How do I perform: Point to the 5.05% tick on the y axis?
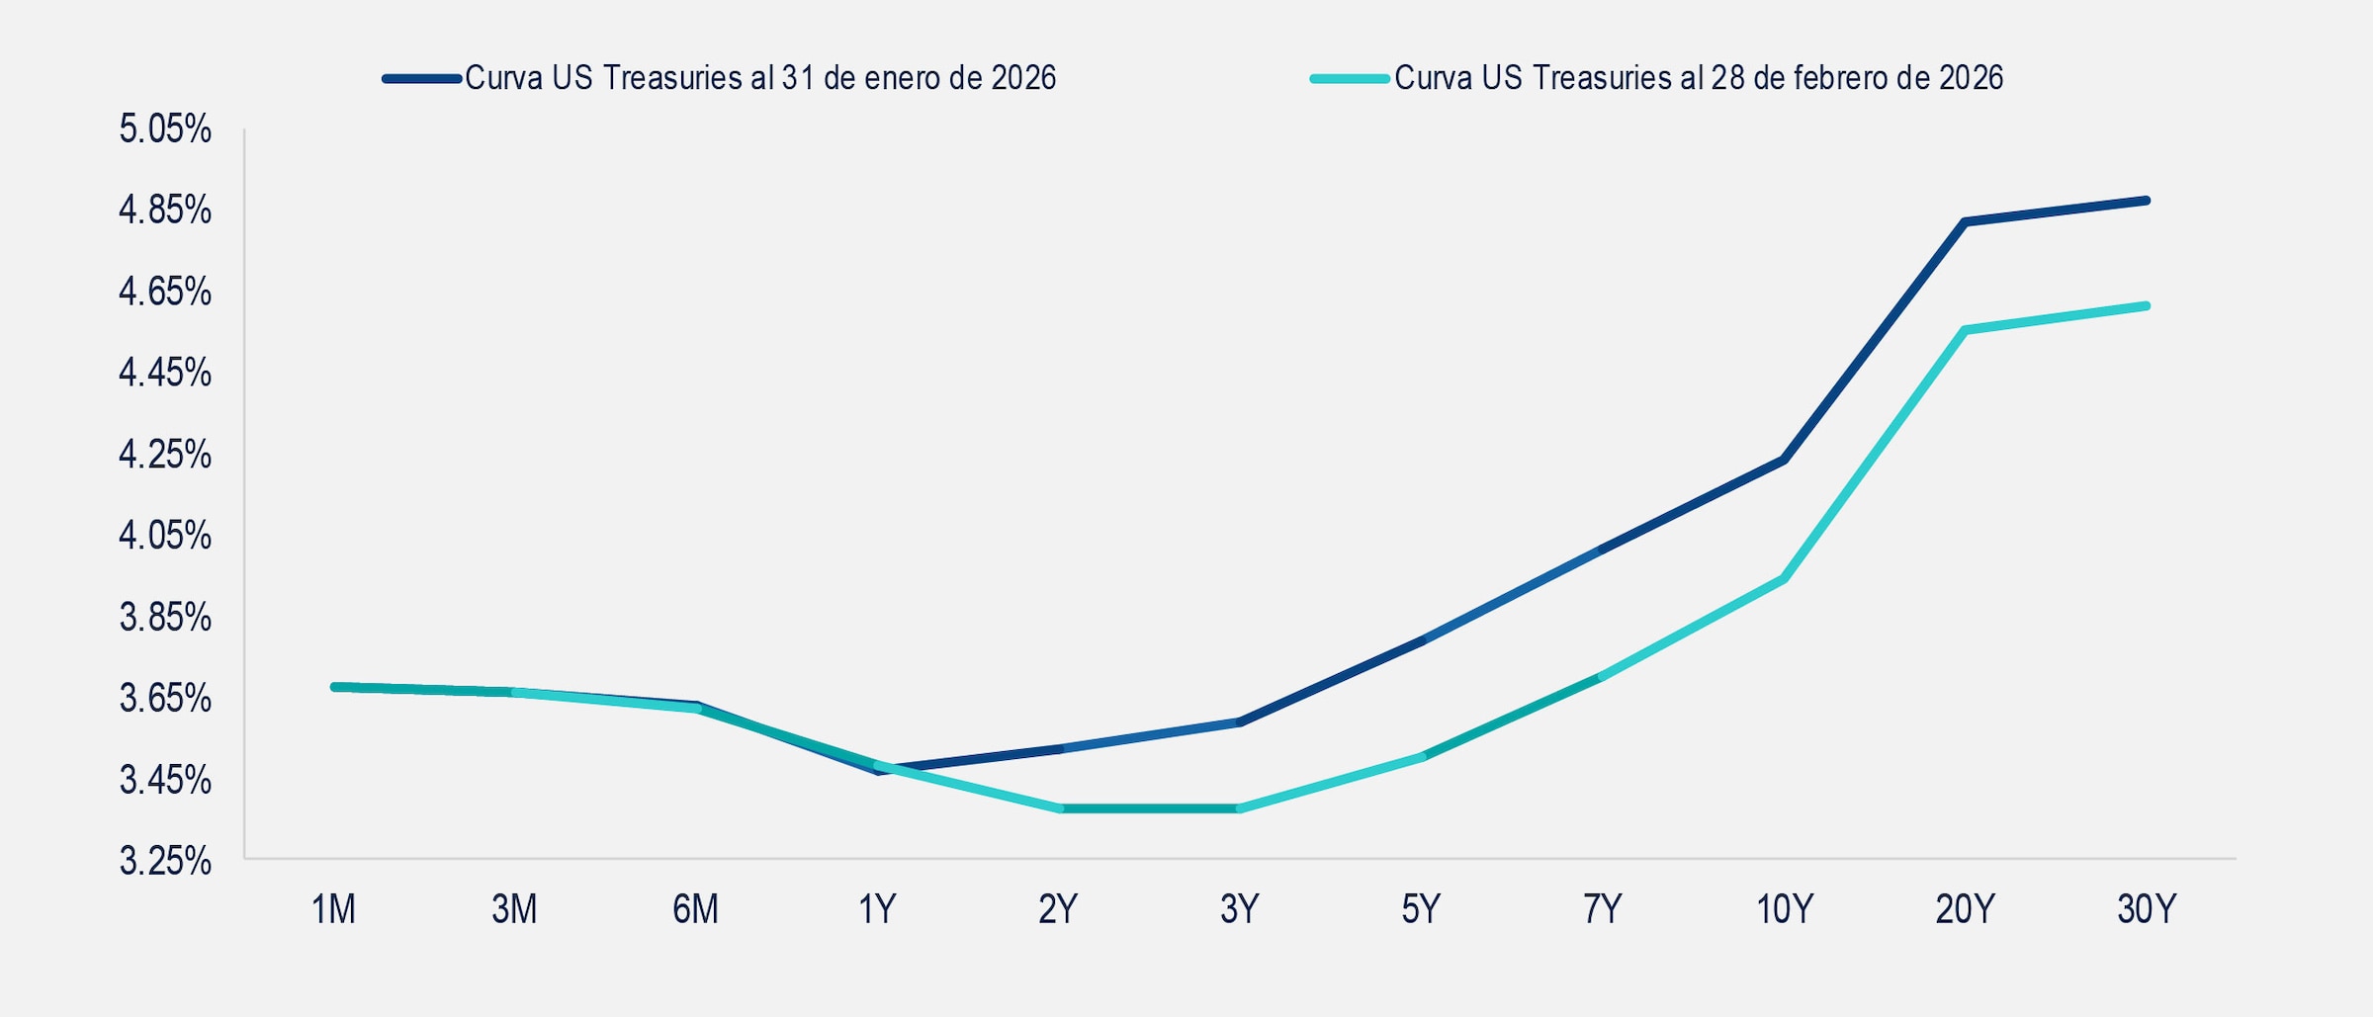pos(165,129)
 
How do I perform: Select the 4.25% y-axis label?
pos(165,455)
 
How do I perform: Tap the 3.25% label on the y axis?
pos(165,861)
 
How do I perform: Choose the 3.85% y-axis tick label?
pos(165,618)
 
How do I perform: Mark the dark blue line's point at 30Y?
pos(2147,201)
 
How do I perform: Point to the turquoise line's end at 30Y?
pos(2147,306)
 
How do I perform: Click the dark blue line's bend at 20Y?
pos(1966,222)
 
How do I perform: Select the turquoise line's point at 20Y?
pos(1966,330)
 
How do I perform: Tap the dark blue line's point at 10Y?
pos(1785,460)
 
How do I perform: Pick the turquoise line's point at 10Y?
pos(1785,579)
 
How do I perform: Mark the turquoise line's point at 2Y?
pos(1060,808)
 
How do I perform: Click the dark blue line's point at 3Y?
pos(1240,722)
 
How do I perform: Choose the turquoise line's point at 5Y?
pos(1422,757)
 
